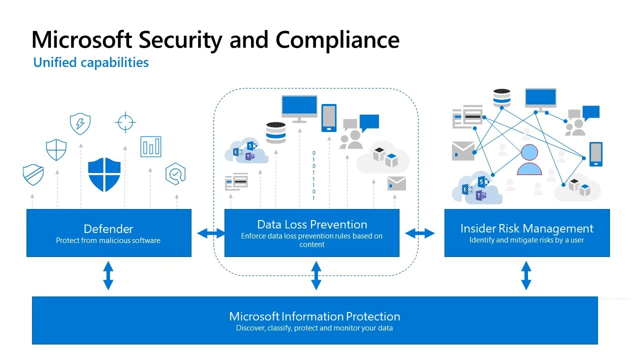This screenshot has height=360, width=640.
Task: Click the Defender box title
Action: coord(108,229)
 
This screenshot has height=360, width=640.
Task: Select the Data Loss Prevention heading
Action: coord(312,224)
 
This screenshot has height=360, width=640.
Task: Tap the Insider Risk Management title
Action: coord(526,228)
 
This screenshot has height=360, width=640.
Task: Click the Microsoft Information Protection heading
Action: coord(314,316)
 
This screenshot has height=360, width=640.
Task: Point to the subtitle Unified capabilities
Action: coord(91,62)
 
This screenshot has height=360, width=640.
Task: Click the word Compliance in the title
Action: coord(337,40)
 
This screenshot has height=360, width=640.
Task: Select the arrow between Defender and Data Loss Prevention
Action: coord(211,233)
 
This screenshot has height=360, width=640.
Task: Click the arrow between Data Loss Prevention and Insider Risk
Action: coord(420,233)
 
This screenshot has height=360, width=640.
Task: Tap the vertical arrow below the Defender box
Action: coord(108,275)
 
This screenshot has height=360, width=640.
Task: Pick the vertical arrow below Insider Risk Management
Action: coord(526,275)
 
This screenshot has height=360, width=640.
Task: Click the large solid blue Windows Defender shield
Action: coord(104,174)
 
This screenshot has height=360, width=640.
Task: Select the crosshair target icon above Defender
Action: coord(125,122)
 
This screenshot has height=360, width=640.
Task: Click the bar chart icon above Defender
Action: coord(150,146)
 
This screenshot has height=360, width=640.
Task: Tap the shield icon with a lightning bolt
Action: coord(80,123)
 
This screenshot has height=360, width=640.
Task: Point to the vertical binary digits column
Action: coord(314,175)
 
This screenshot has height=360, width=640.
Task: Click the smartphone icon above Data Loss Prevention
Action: coord(328,118)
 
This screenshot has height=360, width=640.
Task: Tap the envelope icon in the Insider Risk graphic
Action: coord(463,151)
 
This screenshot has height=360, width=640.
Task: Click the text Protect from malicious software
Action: coord(108,240)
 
